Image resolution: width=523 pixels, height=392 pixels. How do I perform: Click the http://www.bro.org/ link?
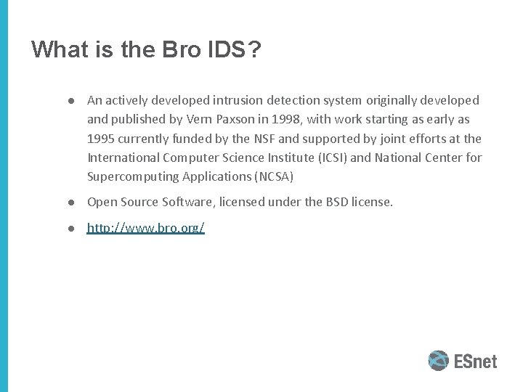tap(145, 228)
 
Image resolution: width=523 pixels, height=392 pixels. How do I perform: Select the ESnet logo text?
tap(476, 361)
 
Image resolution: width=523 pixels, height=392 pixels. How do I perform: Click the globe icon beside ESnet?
tap(439, 361)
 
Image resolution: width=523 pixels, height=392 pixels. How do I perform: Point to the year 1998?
tap(281, 119)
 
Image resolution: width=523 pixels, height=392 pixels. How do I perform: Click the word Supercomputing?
tap(131, 176)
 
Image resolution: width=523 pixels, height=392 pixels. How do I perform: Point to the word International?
tap(122, 157)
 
